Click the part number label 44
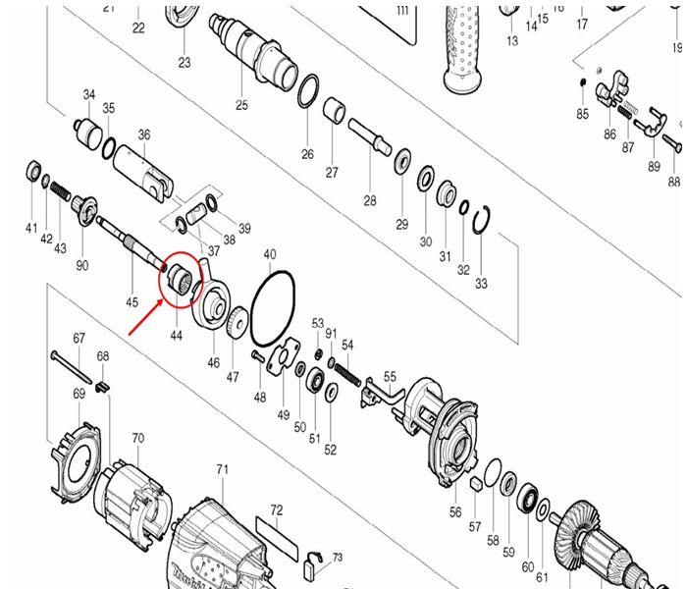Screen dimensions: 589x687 click(x=177, y=335)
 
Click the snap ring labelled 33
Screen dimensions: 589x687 click(x=480, y=225)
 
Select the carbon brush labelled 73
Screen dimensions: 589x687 click(x=313, y=562)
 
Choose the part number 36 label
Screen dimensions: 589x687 click(x=144, y=134)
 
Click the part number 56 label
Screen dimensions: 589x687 click(x=455, y=512)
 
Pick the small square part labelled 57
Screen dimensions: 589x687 click(x=475, y=484)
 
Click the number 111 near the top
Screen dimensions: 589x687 click(x=401, y=10)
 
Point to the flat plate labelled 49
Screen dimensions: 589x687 click(x=286, y=358)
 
